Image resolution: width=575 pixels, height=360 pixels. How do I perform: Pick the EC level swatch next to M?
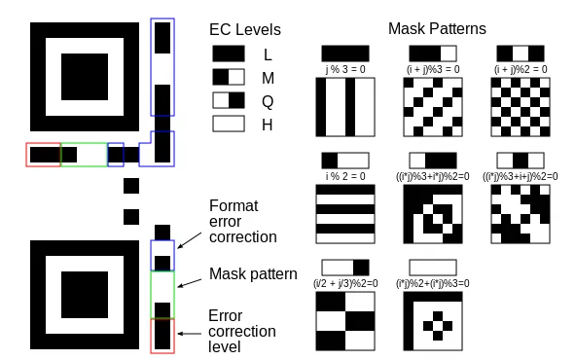tap(230, 77)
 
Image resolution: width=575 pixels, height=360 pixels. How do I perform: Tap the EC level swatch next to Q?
tap(230, 100)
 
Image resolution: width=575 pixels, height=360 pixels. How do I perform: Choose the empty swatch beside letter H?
tap(230, 124)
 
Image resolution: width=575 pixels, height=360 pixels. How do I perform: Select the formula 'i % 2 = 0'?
tap(345, 176)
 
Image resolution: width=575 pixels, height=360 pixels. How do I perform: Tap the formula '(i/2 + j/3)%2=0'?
tap(345, 283)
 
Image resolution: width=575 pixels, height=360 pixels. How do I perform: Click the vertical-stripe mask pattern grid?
tap(345, 106)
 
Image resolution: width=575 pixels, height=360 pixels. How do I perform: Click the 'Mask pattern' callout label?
tap(253, 274)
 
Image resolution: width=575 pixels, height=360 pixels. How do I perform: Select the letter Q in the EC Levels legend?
tap(269, 100)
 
